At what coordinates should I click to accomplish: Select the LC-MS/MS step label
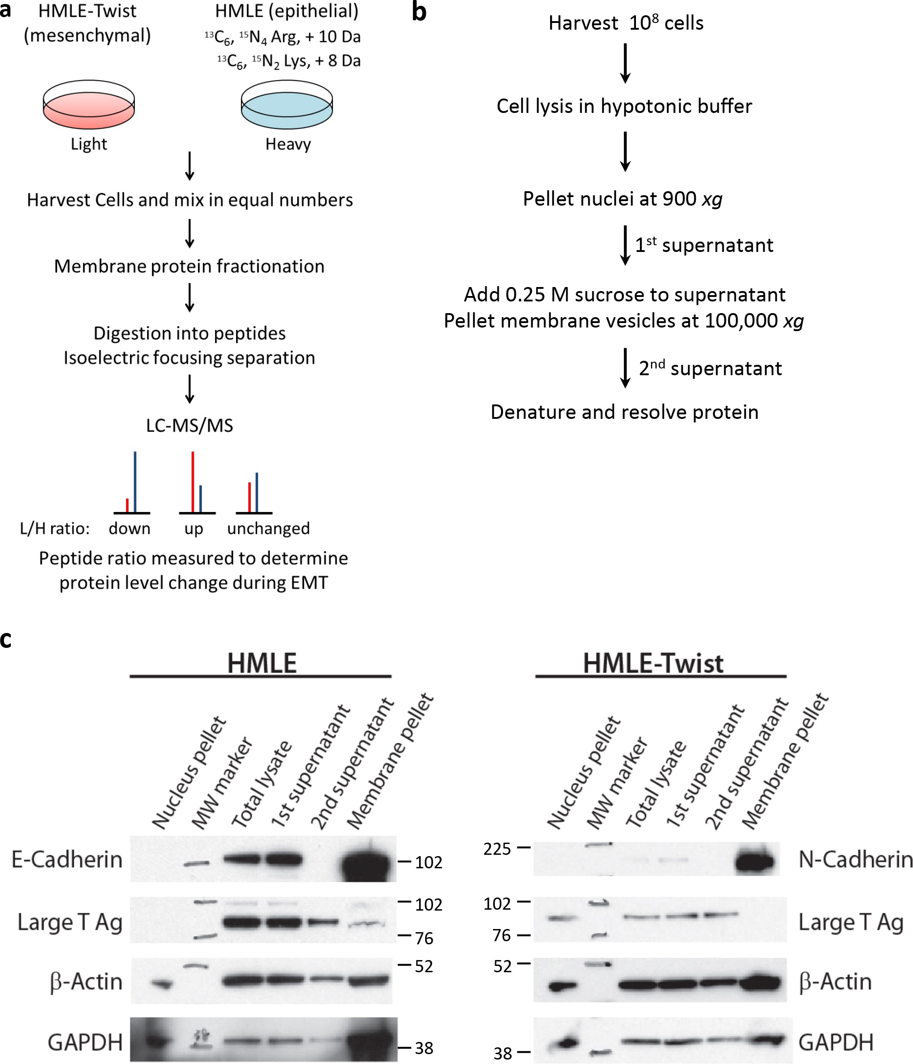click(189, 425)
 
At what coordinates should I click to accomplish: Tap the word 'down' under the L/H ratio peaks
click(130, 529)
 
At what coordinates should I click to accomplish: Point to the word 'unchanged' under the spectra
click(269, 529)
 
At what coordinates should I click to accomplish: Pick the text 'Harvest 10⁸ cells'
click(626, 23)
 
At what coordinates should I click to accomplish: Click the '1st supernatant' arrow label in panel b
click(703, 246)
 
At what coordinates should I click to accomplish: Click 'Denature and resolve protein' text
click(625, 412)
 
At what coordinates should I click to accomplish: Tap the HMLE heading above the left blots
click(262, 663)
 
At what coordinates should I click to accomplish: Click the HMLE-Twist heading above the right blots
click(653, 663)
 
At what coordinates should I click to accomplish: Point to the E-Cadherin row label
click(67, 859)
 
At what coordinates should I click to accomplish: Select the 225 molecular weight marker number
click(497, 849)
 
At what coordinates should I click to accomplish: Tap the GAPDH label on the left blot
click(85, 1042)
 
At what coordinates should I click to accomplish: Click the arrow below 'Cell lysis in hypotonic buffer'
click(625, 152)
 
